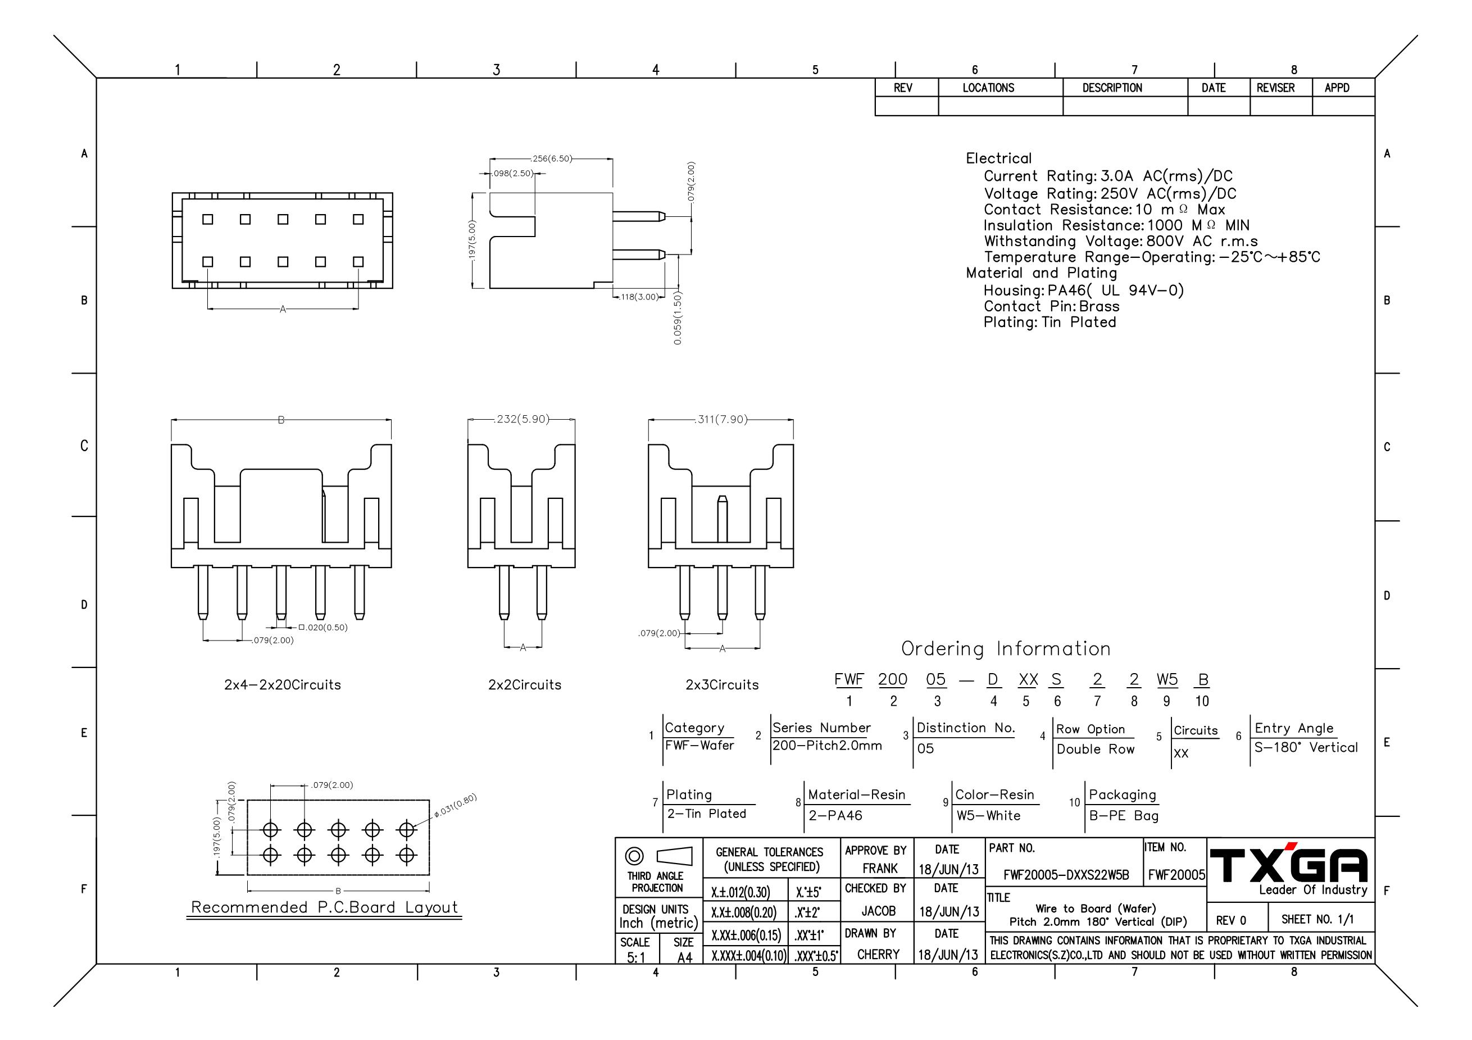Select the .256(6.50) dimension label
[552, 158]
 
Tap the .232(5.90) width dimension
[522, 419]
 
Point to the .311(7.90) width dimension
[721, 419]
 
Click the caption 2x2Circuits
[524, 685]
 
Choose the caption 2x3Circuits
[722, 685]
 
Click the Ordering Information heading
[1006, 649]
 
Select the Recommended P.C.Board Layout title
[324, 907]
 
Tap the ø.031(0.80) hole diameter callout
[455, 805]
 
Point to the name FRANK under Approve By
[880, 868]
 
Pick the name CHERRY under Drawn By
[878, 954]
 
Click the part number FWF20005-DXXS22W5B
[1066, 875]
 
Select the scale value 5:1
[636, 957]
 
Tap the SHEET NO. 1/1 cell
[1317, 919]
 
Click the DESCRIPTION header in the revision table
[1112, 88]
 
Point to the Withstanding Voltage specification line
[1121, 241]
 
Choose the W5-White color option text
[988, 816]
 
